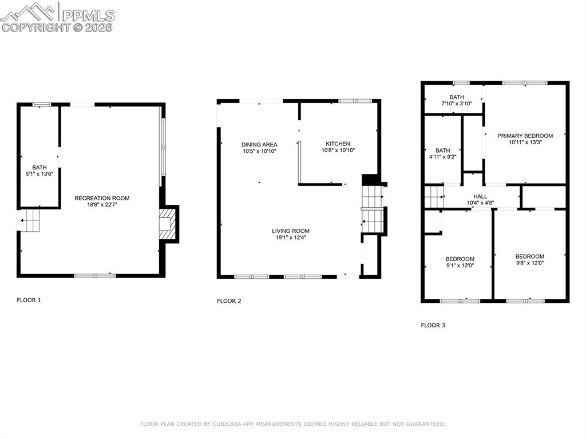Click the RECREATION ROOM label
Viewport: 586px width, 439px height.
coord(102,198)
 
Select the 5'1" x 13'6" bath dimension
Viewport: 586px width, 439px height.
coord(39,174)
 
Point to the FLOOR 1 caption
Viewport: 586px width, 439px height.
coord(29,300)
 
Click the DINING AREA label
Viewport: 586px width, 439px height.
coord(259,144)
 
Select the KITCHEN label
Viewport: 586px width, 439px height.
coord(338,144)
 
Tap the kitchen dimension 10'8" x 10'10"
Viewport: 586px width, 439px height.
coord(338,151)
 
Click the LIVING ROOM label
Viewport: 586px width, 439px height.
coord(291,231)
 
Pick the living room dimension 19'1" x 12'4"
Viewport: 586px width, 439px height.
coord(291,238)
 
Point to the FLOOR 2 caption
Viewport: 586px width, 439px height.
coord(229,301)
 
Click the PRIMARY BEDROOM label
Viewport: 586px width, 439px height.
coord(525,136)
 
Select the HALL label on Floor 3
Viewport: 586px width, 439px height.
coord(480,196)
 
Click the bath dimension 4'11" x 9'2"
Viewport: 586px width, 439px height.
coord(442,157)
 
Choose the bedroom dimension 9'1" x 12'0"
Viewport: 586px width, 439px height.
coord(460,266)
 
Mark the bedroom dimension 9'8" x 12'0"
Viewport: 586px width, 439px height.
coord(529,263)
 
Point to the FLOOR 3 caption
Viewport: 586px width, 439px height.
coord(433,325)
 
